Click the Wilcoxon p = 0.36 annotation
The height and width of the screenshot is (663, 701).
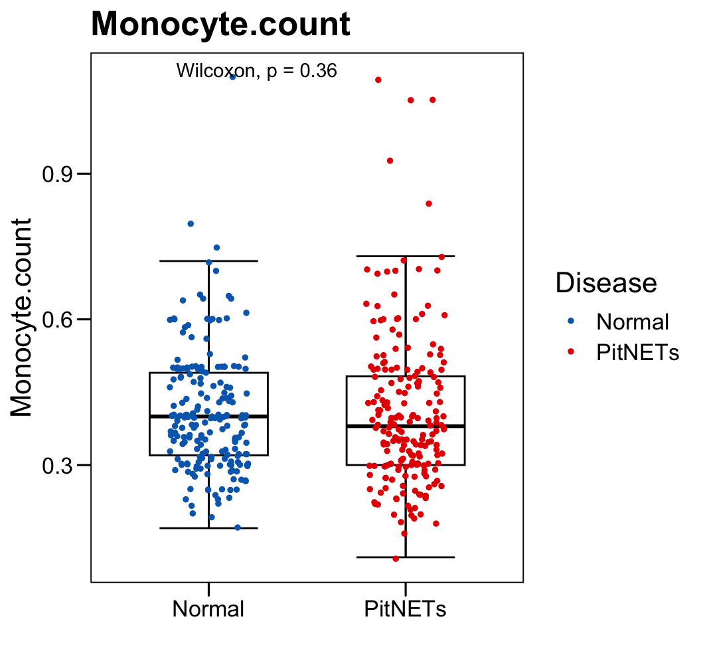(x=256, y=70)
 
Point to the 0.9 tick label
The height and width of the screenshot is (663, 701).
(x=57, y=174)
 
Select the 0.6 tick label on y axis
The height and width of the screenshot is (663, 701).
(x=57, y=320)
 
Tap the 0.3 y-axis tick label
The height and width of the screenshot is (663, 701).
(x=57, y=465)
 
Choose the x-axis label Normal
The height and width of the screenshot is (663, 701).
(x=208, y=609)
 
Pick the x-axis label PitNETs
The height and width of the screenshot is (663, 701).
(x=405, y=609)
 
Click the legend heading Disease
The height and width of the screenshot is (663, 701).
(x=606, y=283)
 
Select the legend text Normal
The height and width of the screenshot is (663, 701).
(x=633, y=322)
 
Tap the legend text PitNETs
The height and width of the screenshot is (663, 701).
(x=638, y=352)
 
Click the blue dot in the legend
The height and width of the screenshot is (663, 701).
(x=572, y=322)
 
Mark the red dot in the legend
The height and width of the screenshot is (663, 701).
(x=572, y=352)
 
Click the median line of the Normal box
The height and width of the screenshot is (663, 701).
(x=208, y=416)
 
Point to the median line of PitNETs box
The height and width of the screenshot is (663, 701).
(x=405, y=426)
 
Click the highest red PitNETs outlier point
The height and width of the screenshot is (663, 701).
(x=378, y=80)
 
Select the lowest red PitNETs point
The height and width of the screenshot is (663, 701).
(x=396, y=558)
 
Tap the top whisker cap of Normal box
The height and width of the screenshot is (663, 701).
(x=208, y=261)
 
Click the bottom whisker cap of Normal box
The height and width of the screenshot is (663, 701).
(x=208, y=527)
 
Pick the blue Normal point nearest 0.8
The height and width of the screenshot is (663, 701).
(x=191, y=224)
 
